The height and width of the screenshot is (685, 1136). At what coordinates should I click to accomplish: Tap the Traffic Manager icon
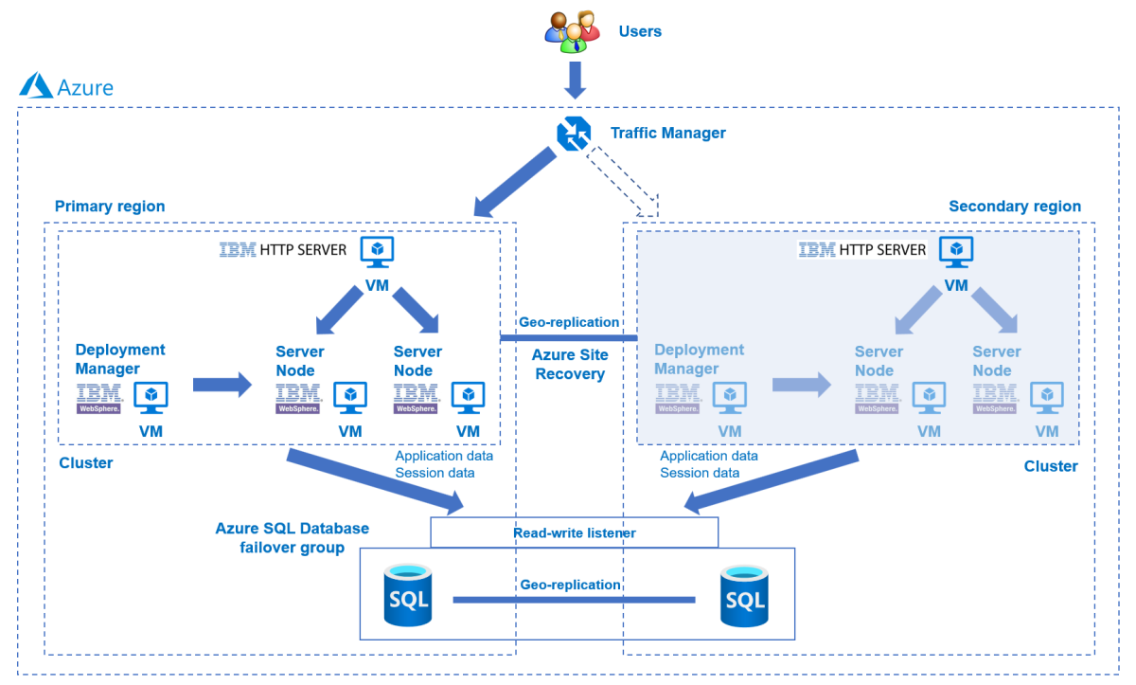(573, 133)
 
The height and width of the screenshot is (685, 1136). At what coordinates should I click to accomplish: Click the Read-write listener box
(574, 532)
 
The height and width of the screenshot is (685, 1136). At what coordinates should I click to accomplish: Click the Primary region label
(110, 207)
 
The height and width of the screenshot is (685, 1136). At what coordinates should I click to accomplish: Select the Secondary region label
(1014, 207)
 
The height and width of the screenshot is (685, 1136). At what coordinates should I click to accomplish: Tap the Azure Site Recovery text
(570, 364)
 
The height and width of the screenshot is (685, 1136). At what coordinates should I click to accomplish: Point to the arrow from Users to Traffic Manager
(574, 80)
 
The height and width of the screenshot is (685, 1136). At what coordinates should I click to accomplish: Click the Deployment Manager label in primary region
(120, 359)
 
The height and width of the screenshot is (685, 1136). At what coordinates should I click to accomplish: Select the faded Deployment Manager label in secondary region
(699, 359)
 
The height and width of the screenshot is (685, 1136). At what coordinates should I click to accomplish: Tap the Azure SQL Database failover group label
(292, 537)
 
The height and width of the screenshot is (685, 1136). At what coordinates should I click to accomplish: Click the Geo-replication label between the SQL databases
(570, 585)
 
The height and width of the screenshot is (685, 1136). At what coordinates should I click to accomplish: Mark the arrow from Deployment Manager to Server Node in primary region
(222, 385)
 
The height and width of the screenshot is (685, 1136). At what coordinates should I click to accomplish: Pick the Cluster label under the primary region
(86, 463)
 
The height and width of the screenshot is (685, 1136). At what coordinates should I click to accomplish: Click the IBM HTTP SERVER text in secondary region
(862, 250)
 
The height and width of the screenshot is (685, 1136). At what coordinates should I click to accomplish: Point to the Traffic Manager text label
(668, 133)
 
